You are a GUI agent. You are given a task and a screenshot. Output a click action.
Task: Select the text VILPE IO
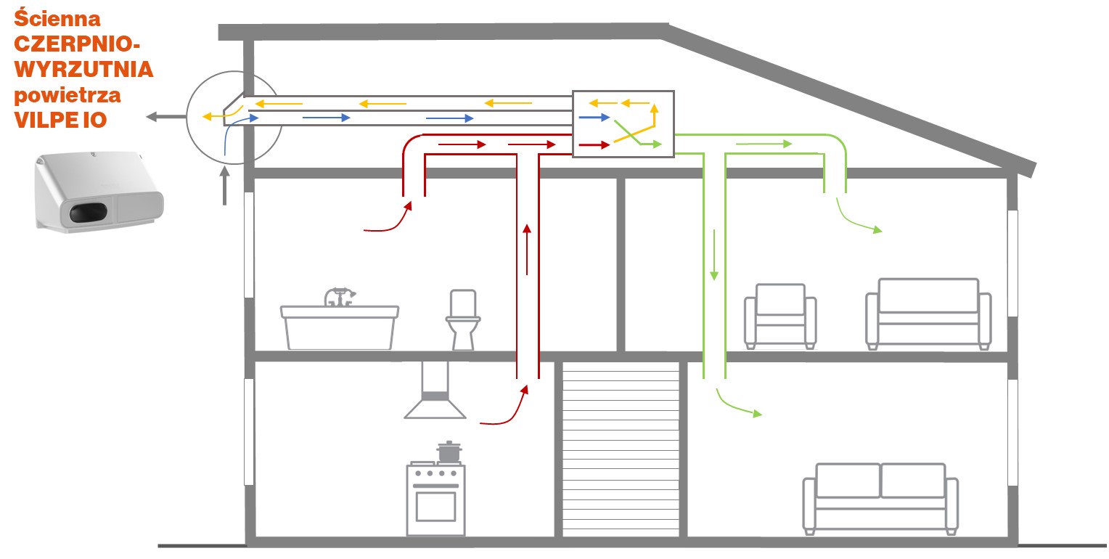click(x=60, y=120)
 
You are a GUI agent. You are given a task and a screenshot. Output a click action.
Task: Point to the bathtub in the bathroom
click(x=340, y=327)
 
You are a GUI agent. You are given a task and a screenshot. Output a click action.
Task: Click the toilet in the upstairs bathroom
click(x=462, y=319)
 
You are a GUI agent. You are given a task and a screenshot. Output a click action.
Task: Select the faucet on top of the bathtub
click(x=339, y=296)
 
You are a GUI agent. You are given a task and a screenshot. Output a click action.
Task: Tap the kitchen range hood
click(x=435, y=392)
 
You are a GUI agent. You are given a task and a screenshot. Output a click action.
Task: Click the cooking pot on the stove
click(x=449, y=452)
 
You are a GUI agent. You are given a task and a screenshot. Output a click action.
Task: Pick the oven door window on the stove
click(x=435, y=506)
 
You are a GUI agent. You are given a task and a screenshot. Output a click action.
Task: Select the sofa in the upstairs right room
click(x=928, y=311)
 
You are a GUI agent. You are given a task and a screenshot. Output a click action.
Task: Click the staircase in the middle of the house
click(x=621, y=450)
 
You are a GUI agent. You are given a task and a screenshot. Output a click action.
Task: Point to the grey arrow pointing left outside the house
click(x=163, y=117)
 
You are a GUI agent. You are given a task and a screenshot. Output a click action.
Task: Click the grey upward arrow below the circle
click(x=225, y=185)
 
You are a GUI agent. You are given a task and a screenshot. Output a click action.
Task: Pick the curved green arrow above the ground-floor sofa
click(x=737, y=404)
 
